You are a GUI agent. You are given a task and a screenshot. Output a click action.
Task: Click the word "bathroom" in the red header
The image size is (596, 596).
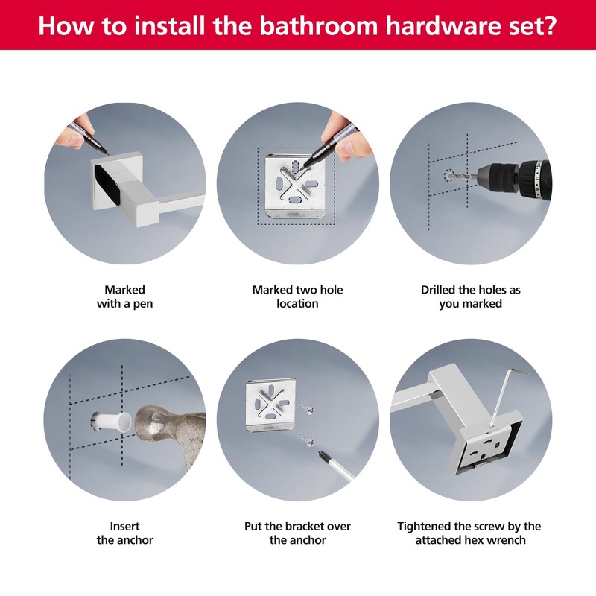pos(318,25)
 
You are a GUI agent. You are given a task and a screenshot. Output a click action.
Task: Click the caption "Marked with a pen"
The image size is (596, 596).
pos(124,297)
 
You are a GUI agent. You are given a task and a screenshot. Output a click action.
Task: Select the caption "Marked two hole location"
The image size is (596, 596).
pos(297,297)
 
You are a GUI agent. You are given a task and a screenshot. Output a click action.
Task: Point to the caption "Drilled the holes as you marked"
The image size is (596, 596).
pos(471,297)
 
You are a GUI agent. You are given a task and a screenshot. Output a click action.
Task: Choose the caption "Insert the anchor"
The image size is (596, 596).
pos(124,533)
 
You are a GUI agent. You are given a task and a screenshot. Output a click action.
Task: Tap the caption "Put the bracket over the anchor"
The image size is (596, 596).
pos(297,533)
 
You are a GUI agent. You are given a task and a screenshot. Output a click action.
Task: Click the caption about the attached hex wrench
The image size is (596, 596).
pos(469,533)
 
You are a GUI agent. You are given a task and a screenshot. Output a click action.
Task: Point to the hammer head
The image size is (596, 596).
pos(171,434)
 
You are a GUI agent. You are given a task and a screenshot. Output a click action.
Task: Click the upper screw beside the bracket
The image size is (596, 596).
pos(308,408)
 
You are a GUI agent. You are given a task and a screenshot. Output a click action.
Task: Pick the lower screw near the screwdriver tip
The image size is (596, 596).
pos(308,440)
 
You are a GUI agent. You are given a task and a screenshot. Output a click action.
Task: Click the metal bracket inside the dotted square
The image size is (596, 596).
pos(296,186)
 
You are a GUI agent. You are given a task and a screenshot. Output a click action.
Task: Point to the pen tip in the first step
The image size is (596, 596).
pos(107,153)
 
